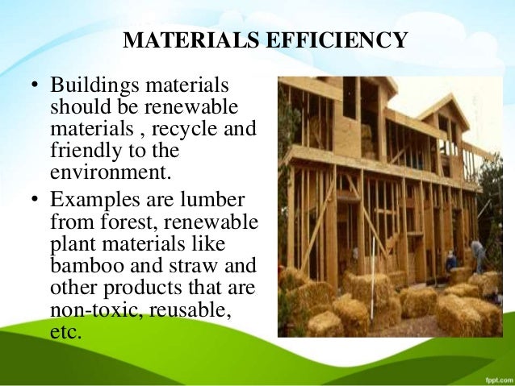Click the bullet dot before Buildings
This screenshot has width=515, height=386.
click(36, 86)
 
